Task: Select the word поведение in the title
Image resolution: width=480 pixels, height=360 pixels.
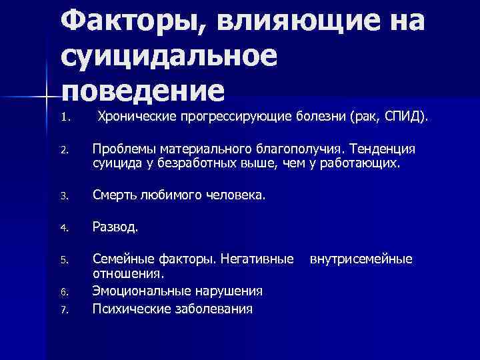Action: pos(143,90)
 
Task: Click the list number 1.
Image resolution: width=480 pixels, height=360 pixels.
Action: pos(64,119)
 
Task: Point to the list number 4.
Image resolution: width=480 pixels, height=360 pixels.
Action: pos(64,227)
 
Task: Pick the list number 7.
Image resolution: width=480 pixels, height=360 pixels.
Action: pos(64,309)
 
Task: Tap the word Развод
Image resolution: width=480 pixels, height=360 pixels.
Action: pos(115,227)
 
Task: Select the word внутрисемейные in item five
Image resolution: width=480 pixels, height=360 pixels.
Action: pos(361,258)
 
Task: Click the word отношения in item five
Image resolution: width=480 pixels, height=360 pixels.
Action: pos(128,273)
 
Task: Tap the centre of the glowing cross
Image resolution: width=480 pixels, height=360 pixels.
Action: pos(45,97)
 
